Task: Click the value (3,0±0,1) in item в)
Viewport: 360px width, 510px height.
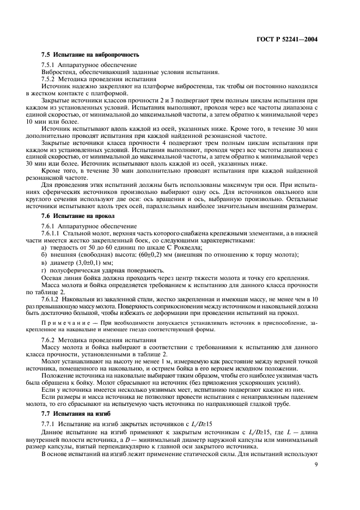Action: pyautogui.click(x=96, y=263)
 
